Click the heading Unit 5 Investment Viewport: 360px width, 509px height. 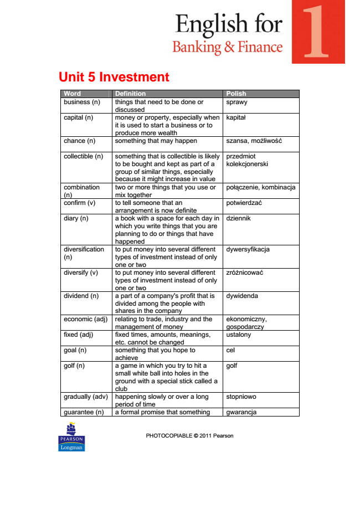114,77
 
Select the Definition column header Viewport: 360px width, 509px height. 130,94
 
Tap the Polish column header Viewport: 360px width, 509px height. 236,94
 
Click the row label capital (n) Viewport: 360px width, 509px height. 78,117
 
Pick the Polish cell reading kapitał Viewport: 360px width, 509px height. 236,117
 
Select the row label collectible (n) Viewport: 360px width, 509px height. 83,156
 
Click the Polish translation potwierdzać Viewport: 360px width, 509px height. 244,203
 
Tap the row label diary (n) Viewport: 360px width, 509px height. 76,218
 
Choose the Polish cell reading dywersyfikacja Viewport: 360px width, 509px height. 248,249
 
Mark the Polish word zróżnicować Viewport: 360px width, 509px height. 244,273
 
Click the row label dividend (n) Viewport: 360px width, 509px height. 81,296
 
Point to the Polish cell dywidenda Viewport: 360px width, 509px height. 242,296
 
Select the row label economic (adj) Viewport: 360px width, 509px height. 85,319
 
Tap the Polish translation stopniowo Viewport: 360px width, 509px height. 241,397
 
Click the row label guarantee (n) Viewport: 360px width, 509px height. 84,412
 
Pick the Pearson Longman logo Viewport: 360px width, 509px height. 71,436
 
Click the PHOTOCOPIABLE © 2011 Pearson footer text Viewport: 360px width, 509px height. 189,436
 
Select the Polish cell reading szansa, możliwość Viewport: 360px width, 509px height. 254,141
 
